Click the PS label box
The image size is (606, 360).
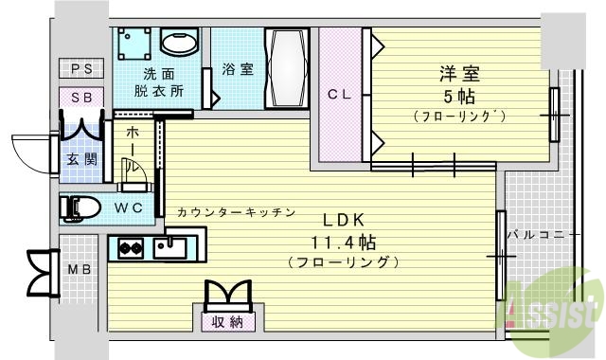pyautogui.click(x=81, y=68)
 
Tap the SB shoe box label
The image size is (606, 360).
pyautogui.click(x=81, y=97)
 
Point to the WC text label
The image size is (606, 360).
pyautogui.click(x=131, y=207)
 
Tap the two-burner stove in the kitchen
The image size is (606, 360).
pyautogui.click(x=130, y=249)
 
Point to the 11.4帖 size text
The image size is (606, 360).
pyautogui.click(x=342, y=240)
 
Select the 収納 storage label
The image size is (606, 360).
pyautogui.click(x=228, y=322)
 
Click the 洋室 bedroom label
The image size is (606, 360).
pyautogui.click(x=457, y=73)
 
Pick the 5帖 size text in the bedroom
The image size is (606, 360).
pyautogui.click(x=457, y=96)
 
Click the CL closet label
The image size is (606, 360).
pyautogui.click(x=340, y=94)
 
